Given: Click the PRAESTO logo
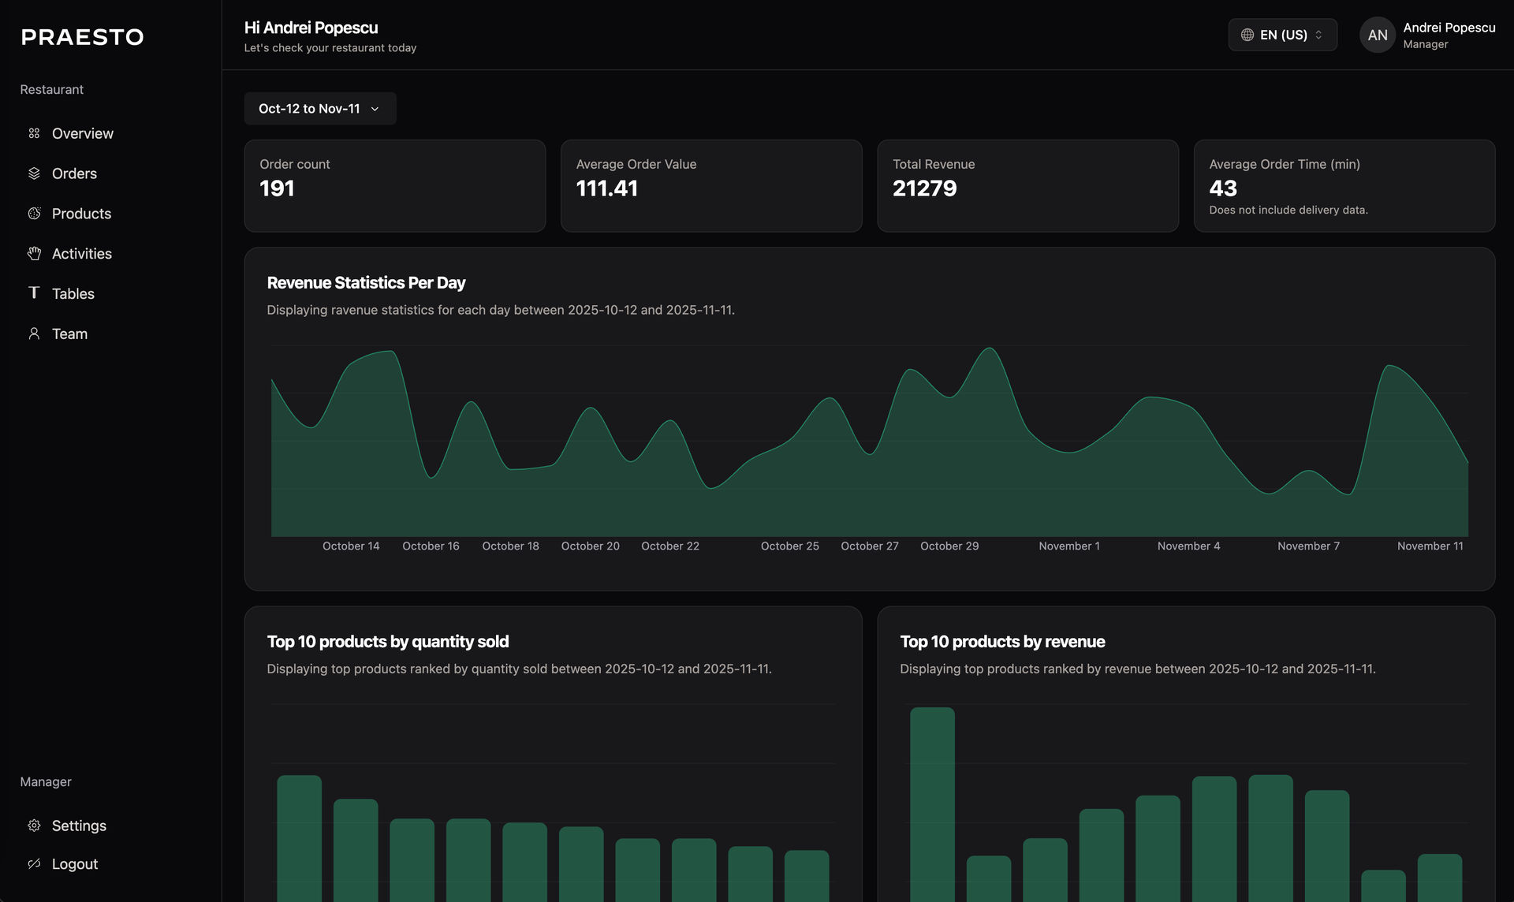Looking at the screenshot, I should click(x=82, y=37).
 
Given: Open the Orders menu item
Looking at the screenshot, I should click(x=74, y=173).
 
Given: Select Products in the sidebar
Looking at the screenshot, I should click(x=81, y=214).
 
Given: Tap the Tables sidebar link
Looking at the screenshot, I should click(x=73, y=294).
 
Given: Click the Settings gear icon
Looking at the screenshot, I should click(x=34, y=826).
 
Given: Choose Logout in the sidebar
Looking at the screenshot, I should click(x=74, y=864).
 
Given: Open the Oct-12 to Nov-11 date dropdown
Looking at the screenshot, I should click(x=319, y=109).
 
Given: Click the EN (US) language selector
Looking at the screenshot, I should click(x=1282, y=35).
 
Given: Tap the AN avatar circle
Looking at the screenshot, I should click(x=1377, y=35).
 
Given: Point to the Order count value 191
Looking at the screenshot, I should click(x=277, y=188).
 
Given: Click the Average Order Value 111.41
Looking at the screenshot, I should click(x=606, y=188).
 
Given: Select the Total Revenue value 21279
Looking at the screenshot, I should click(x=924, y=188).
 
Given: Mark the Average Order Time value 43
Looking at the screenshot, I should click(x=1223, y=188).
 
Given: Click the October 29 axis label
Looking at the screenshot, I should click(x=949, y=546).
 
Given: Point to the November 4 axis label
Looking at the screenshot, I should click(x=1188, y=546).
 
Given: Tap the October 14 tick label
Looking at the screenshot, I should click(x=351, y=546).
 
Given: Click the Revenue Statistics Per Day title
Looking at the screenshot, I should click(x=366, y=283).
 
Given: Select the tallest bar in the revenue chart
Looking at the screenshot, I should click(x=932, y=804).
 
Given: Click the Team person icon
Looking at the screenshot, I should click(x=34, y=334).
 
